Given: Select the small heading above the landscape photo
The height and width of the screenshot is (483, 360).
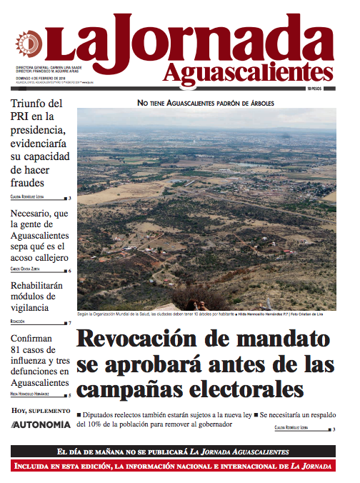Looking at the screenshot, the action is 206,103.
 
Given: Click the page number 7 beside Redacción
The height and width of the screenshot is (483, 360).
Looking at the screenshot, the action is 69,323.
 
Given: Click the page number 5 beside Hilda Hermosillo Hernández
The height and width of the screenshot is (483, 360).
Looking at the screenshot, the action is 69,394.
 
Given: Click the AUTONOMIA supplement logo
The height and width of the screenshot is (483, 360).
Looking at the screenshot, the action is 41,424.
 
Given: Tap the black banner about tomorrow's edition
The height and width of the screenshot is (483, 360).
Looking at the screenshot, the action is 173,452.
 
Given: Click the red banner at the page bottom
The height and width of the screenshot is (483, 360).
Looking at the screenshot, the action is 173,467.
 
